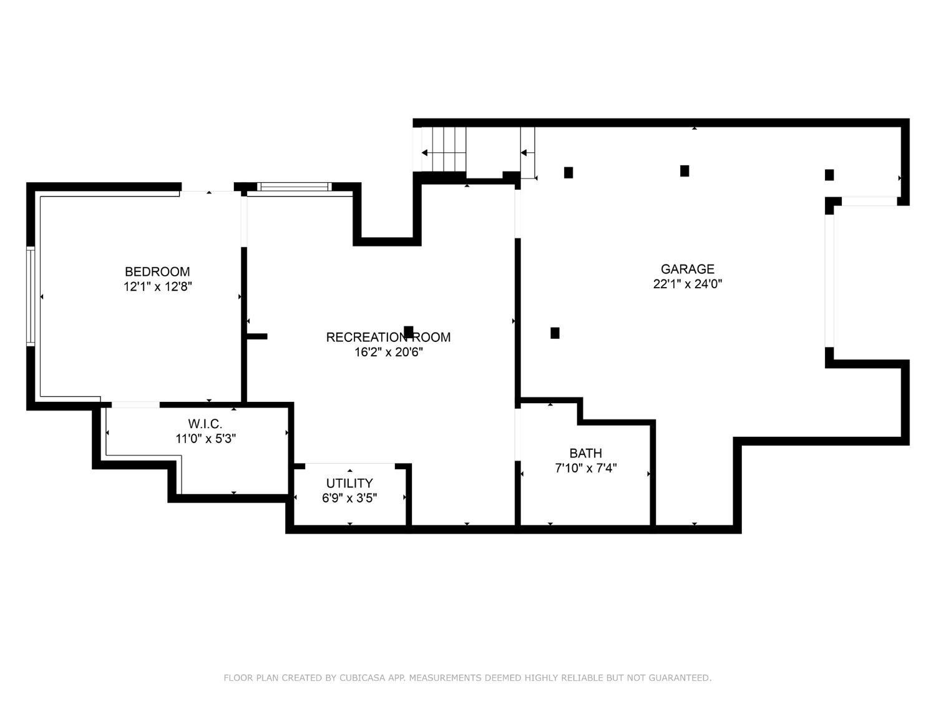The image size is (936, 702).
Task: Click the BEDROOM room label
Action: pos(157,271)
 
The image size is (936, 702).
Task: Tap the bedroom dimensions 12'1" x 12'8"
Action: pos(158,286)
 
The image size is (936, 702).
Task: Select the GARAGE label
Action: pos(688,269)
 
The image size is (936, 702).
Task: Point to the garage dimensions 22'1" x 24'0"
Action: pos(688,284)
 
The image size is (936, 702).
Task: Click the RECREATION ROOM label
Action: pos(388,337)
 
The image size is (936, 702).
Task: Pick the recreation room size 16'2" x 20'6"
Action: pos(389,352)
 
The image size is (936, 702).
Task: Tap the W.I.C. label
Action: pos(205,424)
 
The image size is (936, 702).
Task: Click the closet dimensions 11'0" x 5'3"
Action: pos(205,439)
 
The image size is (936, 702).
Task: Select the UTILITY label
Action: pos(349,483)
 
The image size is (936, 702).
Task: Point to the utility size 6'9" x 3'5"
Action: pos(349,498)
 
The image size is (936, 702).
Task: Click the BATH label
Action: pos(585,453)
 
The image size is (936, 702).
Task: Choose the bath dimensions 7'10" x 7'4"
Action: pos(585,468)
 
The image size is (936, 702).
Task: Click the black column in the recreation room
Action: pos(409,331)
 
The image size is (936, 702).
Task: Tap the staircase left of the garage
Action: pos(444,149)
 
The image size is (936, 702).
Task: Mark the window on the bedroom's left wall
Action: pos(31,296)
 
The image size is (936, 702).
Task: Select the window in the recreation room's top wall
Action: pos(295,187)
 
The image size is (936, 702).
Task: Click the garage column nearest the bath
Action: pos(555,333)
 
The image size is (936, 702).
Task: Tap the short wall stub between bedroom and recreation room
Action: pos(256,336)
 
